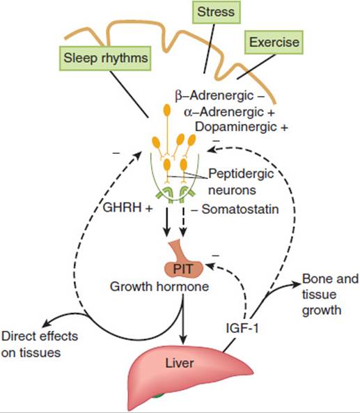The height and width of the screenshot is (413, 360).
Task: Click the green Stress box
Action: [216, 12]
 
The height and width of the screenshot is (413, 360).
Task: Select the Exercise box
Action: [274, 42]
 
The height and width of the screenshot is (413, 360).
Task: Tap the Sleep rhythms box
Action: [105, 59]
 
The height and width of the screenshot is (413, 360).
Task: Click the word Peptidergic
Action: [241, 174]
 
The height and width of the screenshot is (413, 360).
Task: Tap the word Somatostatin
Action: [240, 210]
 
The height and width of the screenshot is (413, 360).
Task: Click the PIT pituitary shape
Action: [184, 265]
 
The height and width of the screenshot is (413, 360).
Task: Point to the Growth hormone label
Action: [159, 286]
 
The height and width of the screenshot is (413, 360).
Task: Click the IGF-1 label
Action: [242, 328]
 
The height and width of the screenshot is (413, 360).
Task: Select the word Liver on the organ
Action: [180, 364]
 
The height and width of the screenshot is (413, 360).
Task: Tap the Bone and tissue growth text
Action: [331, 295]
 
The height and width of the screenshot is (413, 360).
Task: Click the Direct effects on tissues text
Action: [40, 344]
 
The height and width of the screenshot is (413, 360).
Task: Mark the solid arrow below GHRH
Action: [166, 221]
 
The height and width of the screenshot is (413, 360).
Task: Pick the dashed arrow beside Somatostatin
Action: [183, 221]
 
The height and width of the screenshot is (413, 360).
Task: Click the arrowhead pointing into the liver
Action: [183, 340]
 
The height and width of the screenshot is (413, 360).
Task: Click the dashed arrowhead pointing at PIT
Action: [210, 266]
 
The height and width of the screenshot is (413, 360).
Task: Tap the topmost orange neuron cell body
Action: [167, 110]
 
